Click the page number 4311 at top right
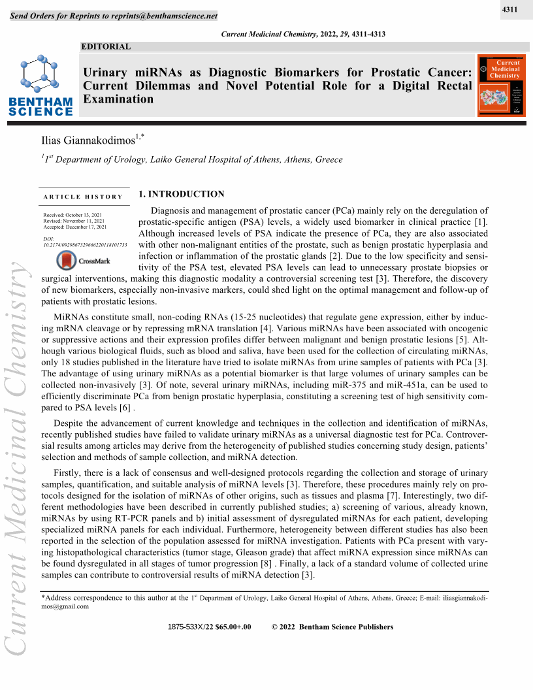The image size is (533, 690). tap(510, 10)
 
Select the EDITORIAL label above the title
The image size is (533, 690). tap(106, 46)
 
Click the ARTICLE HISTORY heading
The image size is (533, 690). tap(83, 197)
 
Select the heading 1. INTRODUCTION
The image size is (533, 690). tap(182, 194)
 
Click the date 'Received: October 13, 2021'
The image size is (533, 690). tap(72, 215)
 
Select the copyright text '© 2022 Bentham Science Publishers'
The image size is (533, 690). tap(332, 627)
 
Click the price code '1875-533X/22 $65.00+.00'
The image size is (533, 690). tap(209, 627)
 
